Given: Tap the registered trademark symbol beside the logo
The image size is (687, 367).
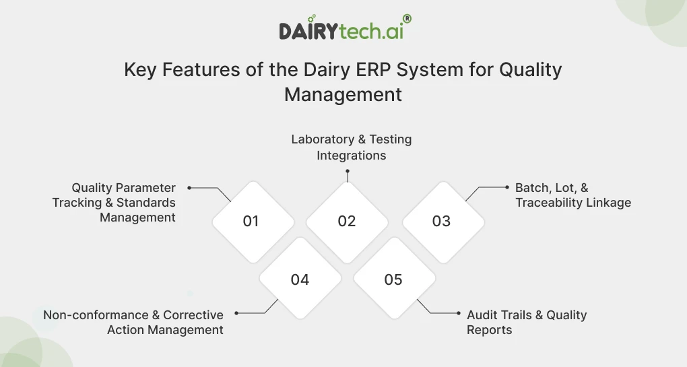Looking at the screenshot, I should (x=407, y=20).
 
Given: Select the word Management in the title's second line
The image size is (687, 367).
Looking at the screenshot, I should (x=343, y=94).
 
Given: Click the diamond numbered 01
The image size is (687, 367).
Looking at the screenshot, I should (x=252, y=222).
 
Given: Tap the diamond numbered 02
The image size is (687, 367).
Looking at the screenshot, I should (x=347, y=222).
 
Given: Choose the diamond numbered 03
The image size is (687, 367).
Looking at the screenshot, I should (x=442, y=222).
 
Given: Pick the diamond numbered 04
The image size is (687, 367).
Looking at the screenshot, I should (x=300, y=279).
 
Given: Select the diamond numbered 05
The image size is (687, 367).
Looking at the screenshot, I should (x=393, y=279).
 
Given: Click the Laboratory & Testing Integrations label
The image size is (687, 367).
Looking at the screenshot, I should (x=351, y=147).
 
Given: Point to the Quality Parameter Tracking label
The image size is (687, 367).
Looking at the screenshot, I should (x=115, y=203).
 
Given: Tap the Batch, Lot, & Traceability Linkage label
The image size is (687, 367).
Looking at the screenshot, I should (x=573, y=195).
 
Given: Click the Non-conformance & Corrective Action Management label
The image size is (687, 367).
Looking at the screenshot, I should (x=133, y=323).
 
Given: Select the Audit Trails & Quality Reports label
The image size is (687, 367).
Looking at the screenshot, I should (x=527, y=323).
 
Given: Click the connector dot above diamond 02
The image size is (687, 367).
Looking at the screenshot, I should (x=347, y=170).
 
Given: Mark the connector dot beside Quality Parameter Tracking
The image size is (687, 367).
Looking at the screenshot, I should (x=189, y=188).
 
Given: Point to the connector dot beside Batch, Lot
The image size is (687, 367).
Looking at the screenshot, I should (x=506, y=188).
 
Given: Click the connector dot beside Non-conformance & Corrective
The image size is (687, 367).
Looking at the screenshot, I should (x=236, y=313).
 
